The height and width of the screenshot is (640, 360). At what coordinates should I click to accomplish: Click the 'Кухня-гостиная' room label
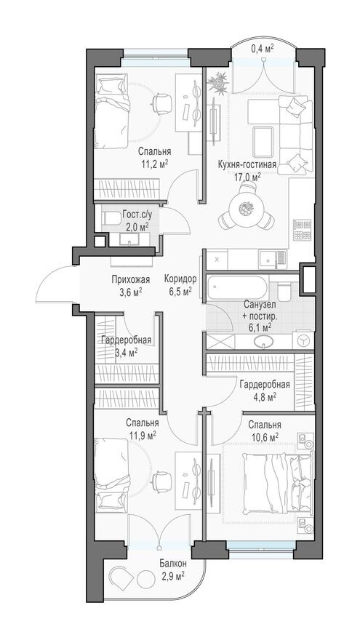[247, 164]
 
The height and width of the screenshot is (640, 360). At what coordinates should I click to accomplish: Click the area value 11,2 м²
[153, 164]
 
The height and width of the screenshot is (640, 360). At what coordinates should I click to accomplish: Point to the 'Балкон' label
[173, 564]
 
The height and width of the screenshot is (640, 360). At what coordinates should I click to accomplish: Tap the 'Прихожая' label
[131, 279]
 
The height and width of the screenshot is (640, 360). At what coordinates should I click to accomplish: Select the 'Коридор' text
[178, 279]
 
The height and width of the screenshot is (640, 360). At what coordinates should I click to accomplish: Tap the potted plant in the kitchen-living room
[219, 82]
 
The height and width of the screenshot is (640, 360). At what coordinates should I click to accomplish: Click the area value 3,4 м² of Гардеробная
[126, 352]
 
